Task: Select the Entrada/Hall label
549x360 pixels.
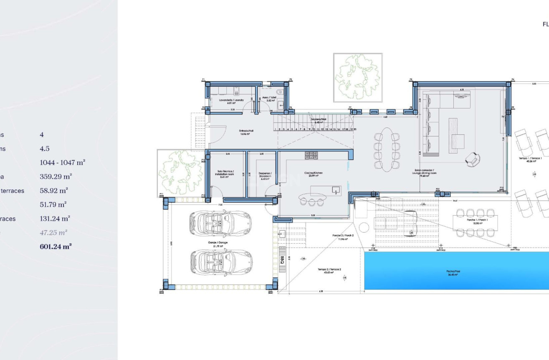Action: click(x=244, y=132)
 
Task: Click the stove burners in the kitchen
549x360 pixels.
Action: click(x=311, y=156)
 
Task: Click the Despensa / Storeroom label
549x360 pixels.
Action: click(x=265, y=175)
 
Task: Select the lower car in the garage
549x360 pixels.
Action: click(x=220, y=261)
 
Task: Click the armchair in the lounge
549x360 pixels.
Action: click(x=473, y=158)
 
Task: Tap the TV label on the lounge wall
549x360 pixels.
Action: click(x=503, y=117)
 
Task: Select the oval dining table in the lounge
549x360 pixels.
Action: click(x=386, y=149)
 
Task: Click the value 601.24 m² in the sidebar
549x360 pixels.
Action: click(x=56, y=247)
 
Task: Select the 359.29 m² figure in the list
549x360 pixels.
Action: click(x=56, y=176)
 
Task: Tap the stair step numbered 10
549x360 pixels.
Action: click(x=314, y=130)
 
